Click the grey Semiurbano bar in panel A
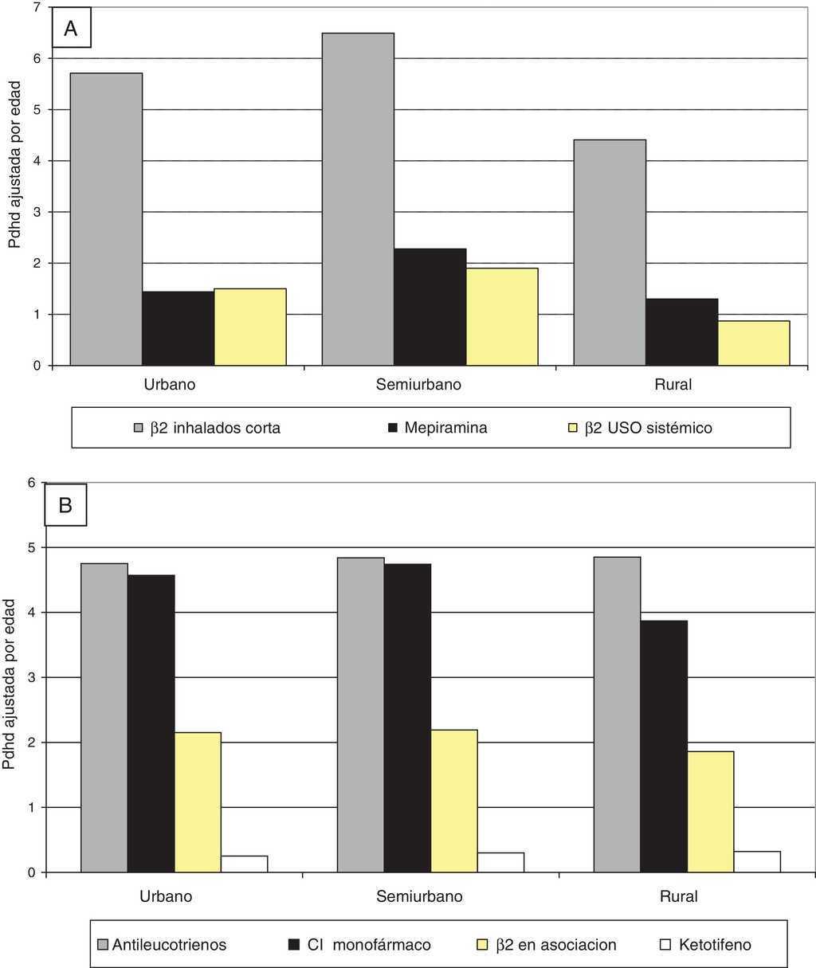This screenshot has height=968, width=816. (x=358, y=199)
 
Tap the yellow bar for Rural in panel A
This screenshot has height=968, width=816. (x=754, y=343)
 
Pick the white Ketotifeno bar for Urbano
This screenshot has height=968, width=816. (x=245, y=864)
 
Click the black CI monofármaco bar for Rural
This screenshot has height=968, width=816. (x=664, y=746)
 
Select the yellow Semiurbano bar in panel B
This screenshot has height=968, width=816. (x=454, y=801)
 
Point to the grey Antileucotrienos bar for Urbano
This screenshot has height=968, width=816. (x=104, y=717)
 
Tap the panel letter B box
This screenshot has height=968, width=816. (x=65, y=504)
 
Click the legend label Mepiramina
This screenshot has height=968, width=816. (x=445, y=428)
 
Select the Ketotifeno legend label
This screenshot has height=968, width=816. (x=715, y=945)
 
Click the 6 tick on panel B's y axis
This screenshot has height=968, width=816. (x=32, y=482)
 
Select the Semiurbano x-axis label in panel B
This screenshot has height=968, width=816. (x=419, y=896)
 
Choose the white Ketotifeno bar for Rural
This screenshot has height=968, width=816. (x=758, y=861)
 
